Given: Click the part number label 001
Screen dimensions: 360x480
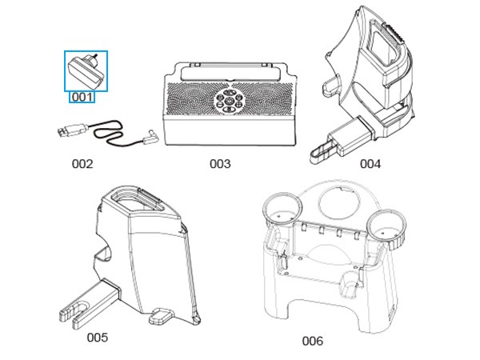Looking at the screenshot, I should (x=82, y=97).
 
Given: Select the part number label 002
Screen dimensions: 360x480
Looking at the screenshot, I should (x=82, y=164).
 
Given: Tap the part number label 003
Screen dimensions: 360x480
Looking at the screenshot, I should (x=220, y=164).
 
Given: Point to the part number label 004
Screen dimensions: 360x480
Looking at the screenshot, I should (x=370, y=164).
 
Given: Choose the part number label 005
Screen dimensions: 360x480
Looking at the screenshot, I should (x=97, y=337).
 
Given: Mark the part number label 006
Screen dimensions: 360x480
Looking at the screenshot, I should (x=312, y=341).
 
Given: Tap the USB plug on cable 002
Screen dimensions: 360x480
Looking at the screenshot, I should (x=68, y=130).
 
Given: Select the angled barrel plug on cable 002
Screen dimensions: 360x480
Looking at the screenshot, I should (x=149, y=138).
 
